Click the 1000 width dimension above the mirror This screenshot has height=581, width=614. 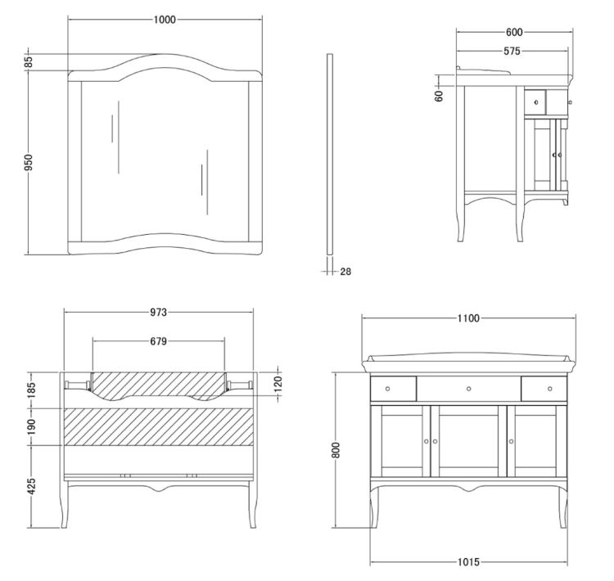click(165, 20)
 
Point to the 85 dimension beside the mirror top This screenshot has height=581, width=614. click(29, 62)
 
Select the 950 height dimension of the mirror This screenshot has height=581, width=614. click(29, 163)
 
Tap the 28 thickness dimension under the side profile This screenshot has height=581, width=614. click(345, 272)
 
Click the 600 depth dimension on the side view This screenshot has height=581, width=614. click(514, 32)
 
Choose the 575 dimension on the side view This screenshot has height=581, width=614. click(512, 51)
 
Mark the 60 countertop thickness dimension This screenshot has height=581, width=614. click(439, 96)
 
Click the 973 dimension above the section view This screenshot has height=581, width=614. click(158, 312)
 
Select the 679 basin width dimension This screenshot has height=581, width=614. click(158, 341)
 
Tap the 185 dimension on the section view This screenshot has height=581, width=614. click(32, 390)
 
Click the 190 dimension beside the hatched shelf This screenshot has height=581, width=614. click(32, 426)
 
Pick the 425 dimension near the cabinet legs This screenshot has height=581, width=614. click(32, 486)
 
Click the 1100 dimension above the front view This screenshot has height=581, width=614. click(468, 318)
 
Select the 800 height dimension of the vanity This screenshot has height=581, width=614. click(336, 450)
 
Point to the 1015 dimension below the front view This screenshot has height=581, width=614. click(468, 562)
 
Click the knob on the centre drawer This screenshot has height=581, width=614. click(468, 389)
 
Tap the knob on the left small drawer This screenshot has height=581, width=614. click(388, 389)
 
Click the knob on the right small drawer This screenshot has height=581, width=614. click(550, 389)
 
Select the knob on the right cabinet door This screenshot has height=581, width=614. click(511, 442)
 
